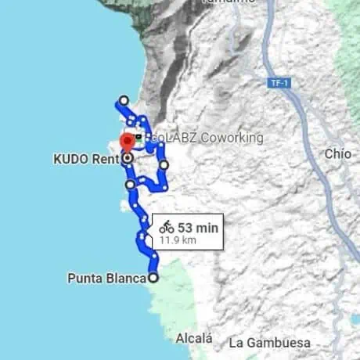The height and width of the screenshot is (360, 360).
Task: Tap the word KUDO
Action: [70, 160]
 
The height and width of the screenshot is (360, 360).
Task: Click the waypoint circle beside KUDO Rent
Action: [128, 158]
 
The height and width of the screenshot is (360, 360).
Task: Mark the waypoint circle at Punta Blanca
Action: [153, 277]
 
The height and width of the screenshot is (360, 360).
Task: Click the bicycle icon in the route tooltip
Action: [167, 227]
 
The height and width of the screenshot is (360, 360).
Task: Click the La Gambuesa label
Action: [269, 343]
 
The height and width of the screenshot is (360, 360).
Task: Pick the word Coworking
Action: [232, 138]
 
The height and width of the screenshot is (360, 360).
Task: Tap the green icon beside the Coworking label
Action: [139, 137]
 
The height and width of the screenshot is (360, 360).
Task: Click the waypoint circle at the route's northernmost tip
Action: [123, 100]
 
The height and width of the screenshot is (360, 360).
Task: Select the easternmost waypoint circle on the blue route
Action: [164, 165]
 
